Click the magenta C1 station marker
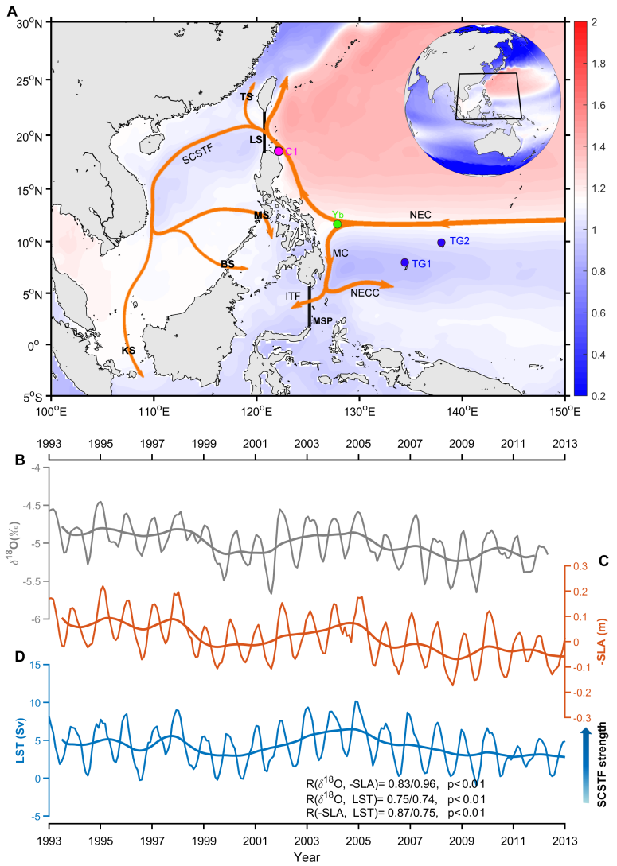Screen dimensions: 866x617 (x=279, y=151)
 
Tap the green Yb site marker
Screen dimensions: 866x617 (x=338, y=223)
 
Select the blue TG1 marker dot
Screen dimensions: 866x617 (x=405, y=262)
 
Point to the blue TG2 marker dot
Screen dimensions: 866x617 (x=441, y=243)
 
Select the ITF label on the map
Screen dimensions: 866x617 (x=294, y=297)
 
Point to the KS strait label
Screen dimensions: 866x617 (x=128, y=350)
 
